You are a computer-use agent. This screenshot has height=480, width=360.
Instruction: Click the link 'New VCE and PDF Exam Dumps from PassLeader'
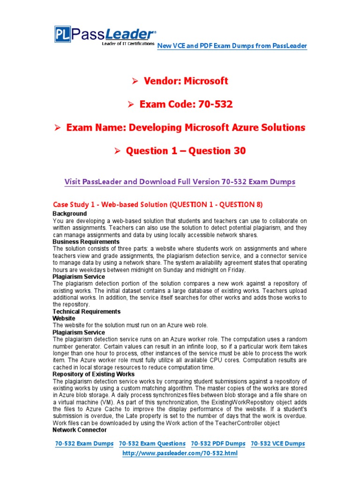pyautogui.click(x=232, y=46)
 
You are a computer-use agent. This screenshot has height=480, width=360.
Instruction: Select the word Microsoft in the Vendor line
pyautogui.click(x=206, y=81)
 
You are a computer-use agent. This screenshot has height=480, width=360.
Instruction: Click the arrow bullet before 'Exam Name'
pyautogui.click(x=58, y=127)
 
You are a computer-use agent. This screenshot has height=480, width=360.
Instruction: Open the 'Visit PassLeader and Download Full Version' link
pyautogui.click(x=180, y=182)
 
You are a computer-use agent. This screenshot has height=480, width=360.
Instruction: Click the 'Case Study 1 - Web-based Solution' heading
pyautogui.click(x=157, y=204)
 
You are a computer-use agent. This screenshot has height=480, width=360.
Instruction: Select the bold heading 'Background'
pyautogui.click(x=70, y=214)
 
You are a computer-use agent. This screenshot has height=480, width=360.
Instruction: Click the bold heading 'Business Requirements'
pyautogui.click(x=86, y=242)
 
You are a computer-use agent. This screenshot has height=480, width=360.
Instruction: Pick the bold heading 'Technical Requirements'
pyautogui.click(x=87, y=312)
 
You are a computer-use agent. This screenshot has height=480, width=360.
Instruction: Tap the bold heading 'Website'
pyautogui.click(x=64, y=318)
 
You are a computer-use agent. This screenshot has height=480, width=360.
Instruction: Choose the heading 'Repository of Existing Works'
pyautogui.click(x=94, y=375)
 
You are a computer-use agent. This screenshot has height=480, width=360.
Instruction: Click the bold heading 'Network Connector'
pyautogui.click(x=80, y=430)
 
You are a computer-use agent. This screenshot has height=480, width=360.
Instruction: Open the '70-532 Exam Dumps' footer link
pyautogui.click(x=84, y=444)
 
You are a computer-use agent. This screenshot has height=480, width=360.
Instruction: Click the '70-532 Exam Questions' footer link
pyautogui.click(x=152, y=444)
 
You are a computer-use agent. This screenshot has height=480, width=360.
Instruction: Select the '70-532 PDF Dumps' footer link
pyautogui.click(x=218, y=444)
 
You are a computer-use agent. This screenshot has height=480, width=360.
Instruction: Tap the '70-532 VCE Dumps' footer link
pyautogui.click(x=278, y=444)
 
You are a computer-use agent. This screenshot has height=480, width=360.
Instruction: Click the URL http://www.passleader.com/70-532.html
pyautogui.click(x=180, y=454)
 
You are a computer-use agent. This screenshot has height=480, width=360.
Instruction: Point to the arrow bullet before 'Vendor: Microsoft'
pyautogui.click(x=135, y=82)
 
